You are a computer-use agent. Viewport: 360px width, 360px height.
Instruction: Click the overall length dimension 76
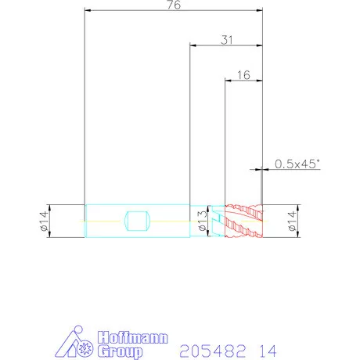174,5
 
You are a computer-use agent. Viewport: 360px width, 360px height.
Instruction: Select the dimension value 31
227,40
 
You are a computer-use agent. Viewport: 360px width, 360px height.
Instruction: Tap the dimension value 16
243,75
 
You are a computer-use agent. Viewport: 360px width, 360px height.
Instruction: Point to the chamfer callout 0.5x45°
297,164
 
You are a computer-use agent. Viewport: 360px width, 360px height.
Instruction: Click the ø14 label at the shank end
45,221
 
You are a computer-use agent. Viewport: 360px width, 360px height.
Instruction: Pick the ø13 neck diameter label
203,221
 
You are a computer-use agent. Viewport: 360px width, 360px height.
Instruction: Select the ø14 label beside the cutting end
293,221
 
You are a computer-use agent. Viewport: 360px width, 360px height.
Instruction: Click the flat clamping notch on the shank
138,221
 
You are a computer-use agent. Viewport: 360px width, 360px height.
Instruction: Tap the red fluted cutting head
243,221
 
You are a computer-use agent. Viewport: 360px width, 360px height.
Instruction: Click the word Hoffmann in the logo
133,338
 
